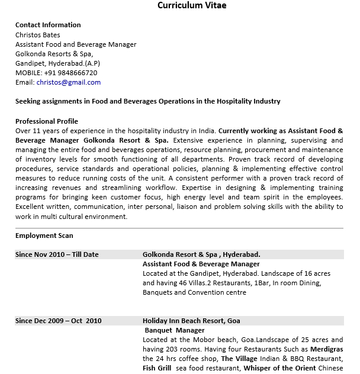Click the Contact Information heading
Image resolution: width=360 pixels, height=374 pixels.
(48, 25)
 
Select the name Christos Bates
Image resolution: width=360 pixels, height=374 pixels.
(38, 35)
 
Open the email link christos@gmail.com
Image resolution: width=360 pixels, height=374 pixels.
(69, 82)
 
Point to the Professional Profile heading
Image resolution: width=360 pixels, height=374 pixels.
(47, 121)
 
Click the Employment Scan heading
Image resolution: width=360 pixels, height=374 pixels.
(44, 236)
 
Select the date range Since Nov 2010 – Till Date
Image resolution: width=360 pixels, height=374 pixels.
(57, 254)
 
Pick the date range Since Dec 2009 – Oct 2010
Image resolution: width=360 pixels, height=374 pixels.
(59, 321)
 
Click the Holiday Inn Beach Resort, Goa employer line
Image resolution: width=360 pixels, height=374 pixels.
(191, 321)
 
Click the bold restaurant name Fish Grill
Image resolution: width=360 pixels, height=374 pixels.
(157, 368)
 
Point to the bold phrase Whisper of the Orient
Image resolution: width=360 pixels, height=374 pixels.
(279, 368)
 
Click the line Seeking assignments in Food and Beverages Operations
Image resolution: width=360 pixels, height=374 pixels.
(147, 101)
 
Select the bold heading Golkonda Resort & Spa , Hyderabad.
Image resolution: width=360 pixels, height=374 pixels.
(201, 254)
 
